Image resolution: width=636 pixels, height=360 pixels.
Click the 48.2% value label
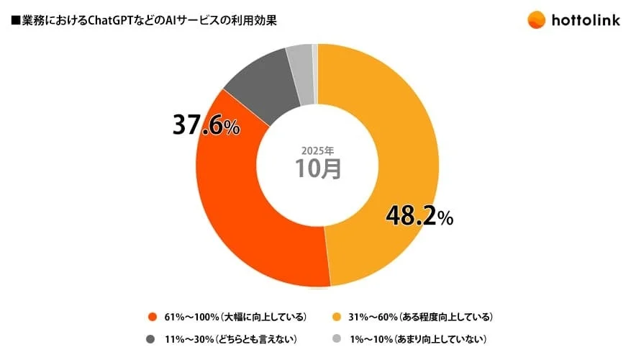click(x=419, y=215)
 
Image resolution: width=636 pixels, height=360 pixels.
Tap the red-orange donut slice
click(x=245, y=216)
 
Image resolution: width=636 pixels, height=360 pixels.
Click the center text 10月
click(x=317, y=169)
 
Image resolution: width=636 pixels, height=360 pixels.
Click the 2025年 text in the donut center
click(x=317, y=151)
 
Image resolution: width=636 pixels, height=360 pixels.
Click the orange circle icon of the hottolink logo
click(x=536, y=20)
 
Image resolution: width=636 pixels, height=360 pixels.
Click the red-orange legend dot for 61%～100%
click(x=152, y=317)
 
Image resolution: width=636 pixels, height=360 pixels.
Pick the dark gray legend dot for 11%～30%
click(x=152, y=339)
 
